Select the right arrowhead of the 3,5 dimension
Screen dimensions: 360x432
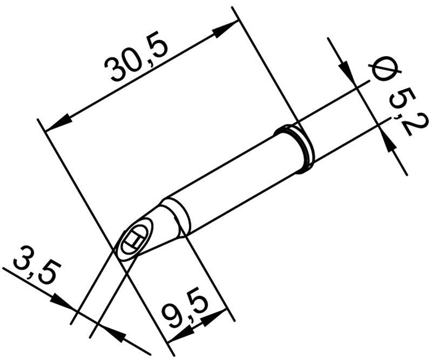tap(117, 333)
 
